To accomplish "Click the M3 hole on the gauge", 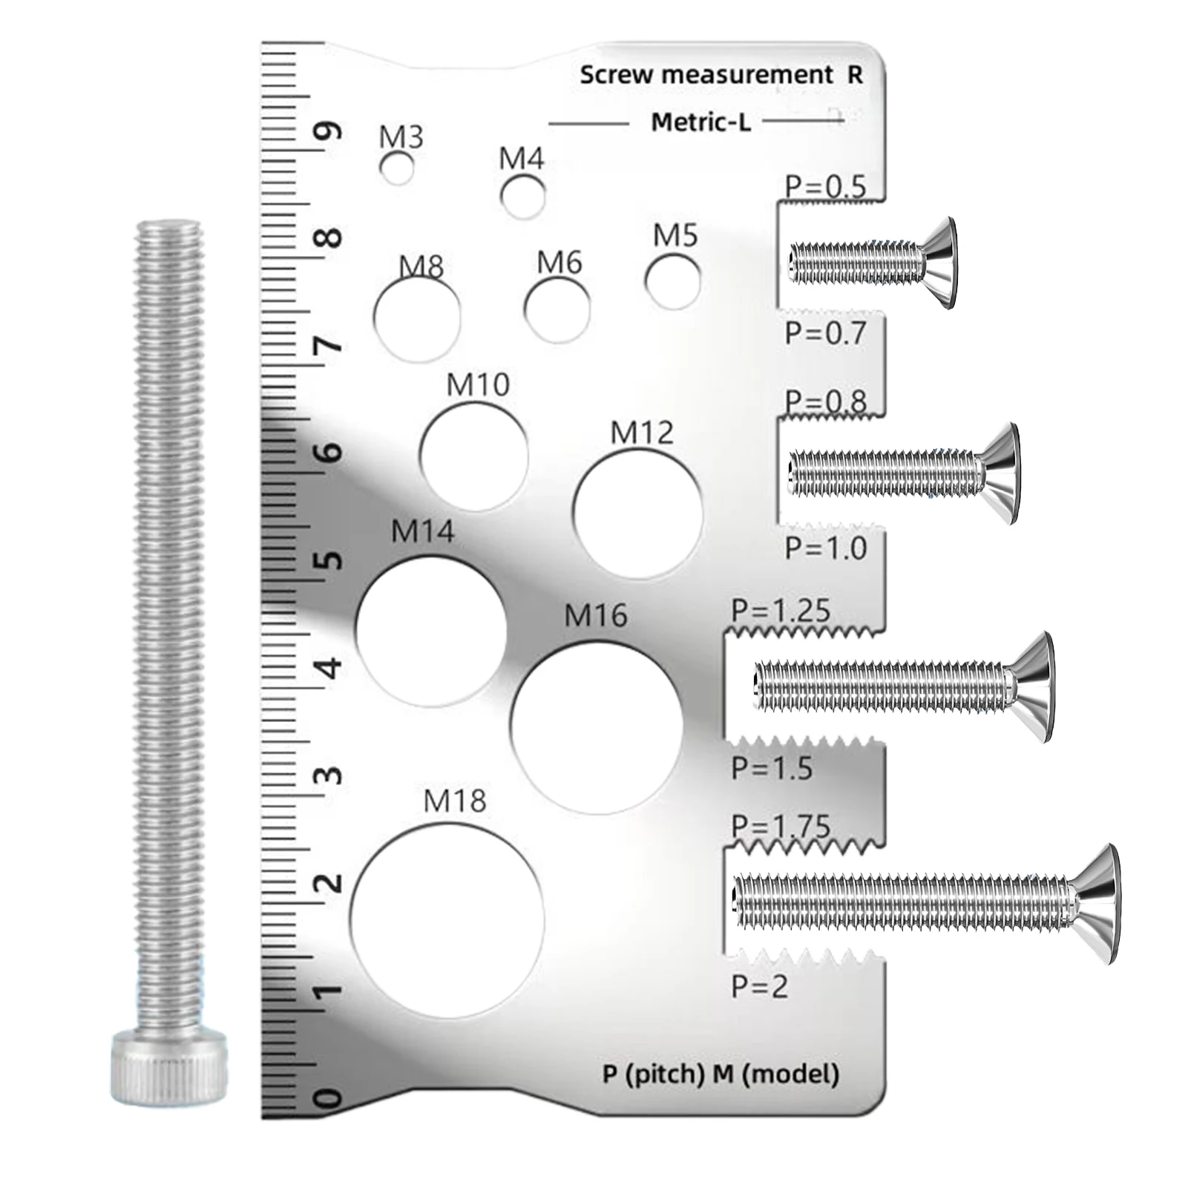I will [397, 168].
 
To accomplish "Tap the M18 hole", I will [447, 921].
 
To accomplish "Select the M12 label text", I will [642, 433].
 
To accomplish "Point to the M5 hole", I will [672, 281].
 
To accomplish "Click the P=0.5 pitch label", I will [825, 187].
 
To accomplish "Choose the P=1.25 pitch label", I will [781, 611].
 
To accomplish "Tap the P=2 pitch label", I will [759, 987].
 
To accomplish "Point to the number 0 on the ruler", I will [329, 1098].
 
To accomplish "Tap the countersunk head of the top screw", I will [940, 263].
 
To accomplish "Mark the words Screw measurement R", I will [721, 75].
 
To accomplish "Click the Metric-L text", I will [700, 122].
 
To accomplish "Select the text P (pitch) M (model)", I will [721, 1074].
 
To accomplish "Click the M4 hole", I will [522, 197].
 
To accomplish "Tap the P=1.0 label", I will [826, 548].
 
